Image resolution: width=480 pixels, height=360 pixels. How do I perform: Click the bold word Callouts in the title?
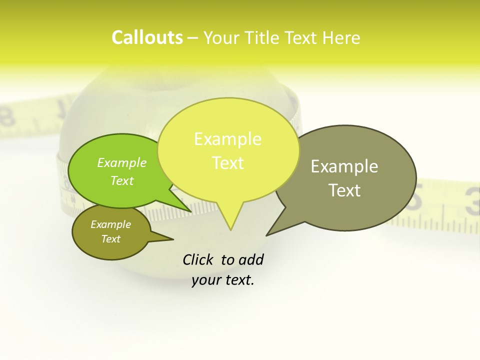pyautogui.click(x=147, y=37)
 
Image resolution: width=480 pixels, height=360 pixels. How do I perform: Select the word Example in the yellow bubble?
pyautogui.click(x=227, y=139)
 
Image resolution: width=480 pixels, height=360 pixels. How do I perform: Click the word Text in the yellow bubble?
pyautogui.click(x=227, y=163)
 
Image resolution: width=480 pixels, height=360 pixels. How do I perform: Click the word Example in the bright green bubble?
pyautogui.click(x=122, y=162)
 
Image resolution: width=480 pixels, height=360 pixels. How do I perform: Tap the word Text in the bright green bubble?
pyautogui.click(x=122, y=180)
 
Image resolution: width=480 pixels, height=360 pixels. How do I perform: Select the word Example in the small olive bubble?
pyautogui.click(x=110, y=224)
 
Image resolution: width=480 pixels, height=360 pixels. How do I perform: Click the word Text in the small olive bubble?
pyautogui.click(x=110, y=239)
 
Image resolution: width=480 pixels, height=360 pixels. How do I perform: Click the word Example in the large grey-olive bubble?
pyautogui.click(x=344, y=166)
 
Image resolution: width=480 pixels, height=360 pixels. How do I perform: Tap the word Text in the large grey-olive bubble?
pyautogui.click(x=344, y=190)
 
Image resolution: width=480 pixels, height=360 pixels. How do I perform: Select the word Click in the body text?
pyautogui.click(x=198, y=259)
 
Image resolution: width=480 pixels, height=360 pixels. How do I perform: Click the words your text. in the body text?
pyautogui.click(x=223, y=280)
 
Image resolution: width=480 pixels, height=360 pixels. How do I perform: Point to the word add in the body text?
pyautogui.click(x=251, y=259)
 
